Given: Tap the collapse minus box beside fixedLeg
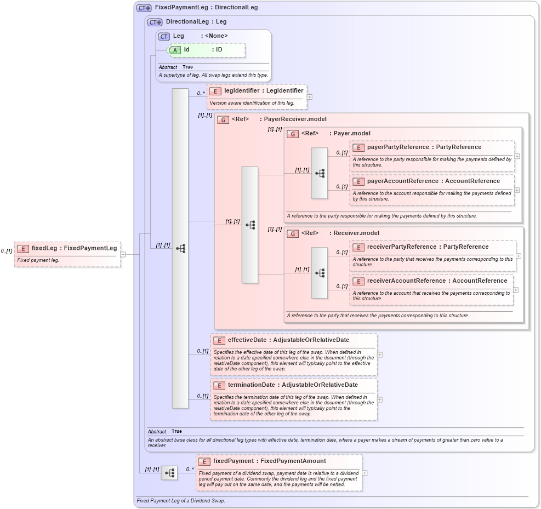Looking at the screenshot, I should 123,254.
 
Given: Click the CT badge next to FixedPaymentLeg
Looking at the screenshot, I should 144,8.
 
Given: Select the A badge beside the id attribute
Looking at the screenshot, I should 175,50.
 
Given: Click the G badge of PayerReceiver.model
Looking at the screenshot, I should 223,119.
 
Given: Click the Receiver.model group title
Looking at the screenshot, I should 354,233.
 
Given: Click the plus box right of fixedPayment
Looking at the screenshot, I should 365,473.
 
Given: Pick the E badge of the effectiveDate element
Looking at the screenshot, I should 219,340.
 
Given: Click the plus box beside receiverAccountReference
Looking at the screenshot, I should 516,290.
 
